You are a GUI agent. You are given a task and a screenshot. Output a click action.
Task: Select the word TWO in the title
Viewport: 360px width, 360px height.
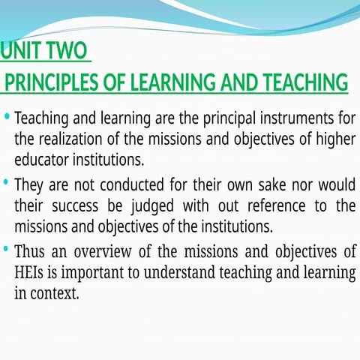tap(67, 52)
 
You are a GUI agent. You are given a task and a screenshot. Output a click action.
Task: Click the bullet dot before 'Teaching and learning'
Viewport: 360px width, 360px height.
tap(7, 118)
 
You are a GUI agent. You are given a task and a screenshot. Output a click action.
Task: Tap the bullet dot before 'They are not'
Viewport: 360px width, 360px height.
tap(7, 183)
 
